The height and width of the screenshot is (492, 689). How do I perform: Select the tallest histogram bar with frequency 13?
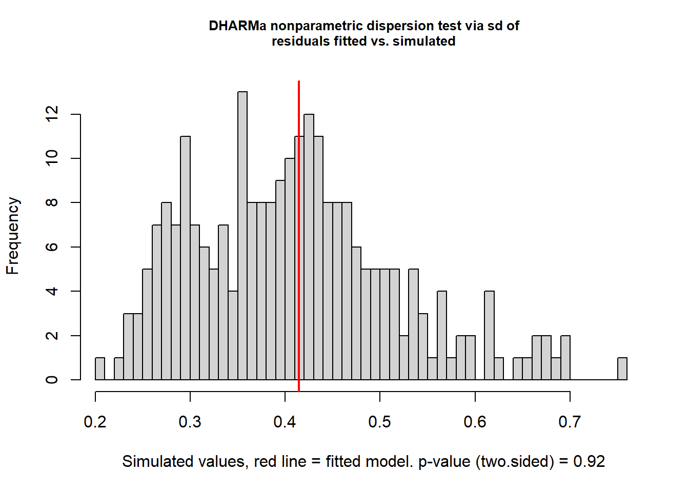click(x=242, y=236)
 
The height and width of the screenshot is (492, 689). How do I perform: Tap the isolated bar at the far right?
click(x=622, y=368)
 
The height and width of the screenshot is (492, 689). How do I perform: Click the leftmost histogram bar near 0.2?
click(x=100, y=368)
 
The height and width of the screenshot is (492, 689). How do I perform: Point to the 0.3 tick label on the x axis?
click(x=190, y=422)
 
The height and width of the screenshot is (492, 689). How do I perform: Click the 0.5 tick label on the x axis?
click(x=380, y=422)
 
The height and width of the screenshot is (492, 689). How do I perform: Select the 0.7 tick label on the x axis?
click(x=570, y=422)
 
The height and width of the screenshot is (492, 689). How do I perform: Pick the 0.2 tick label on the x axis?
click(x=95, y=422)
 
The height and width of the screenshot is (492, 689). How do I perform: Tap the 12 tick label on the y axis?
click(x=52, y=114)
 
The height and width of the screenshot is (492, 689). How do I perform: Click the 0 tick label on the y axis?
click(x=52, y=380)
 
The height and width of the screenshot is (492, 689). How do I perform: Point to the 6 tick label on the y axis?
click(x=52, y=247)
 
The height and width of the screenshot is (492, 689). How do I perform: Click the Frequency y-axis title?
click(x=13, y=236)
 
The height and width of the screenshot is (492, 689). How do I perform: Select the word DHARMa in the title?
click(x=237, y=26)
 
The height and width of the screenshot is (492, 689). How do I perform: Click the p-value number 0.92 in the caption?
click(x=589, y=462)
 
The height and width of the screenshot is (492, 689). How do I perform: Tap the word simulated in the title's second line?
click(x=424, y=42)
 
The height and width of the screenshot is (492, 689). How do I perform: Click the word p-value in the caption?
click(x=444, y=462)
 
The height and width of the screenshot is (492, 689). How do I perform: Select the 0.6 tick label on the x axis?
click(x=475, y=422)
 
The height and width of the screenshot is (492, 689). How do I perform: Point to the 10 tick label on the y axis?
click(x=52, y=158)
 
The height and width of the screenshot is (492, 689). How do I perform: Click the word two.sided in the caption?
click(x=515, y=462)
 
